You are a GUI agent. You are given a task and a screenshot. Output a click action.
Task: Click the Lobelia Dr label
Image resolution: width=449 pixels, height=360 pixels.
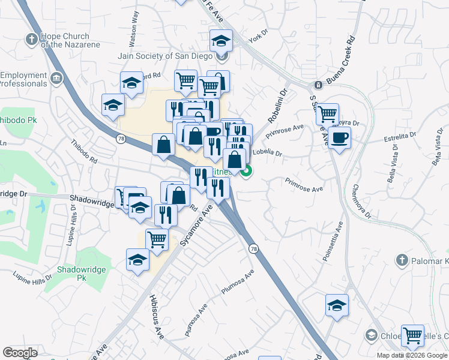pyautogui.click(x=267, y=153)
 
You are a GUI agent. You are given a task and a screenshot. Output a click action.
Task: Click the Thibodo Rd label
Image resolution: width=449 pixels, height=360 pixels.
pyautogui.click(x=84, y=152)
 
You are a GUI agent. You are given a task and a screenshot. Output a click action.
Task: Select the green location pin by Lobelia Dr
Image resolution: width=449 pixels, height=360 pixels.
pyautogui.click(x=246, y=173)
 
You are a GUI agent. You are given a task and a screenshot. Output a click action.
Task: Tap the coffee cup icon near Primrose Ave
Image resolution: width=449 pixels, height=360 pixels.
pyautogui.click(x=339, y=138)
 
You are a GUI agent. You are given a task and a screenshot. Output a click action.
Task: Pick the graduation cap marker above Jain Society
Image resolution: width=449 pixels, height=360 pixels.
pyautogui.click(x=221, y=41)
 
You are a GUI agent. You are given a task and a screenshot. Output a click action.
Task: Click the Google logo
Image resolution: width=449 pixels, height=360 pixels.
pyautogui.click(x=20, y=353)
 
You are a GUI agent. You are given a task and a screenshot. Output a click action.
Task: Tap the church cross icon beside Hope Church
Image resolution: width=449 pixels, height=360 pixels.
pyautogui.click(x=32, y=40)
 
